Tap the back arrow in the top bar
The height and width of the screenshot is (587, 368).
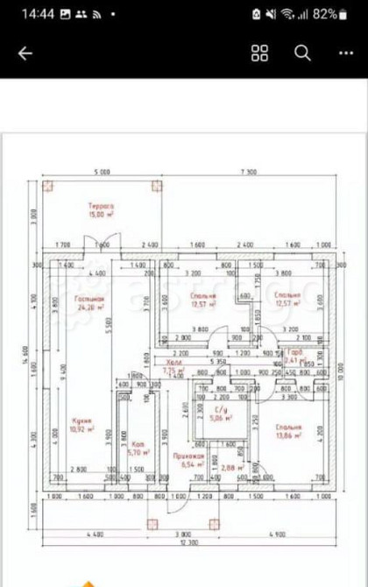(x=25, y=53)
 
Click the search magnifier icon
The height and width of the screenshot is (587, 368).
(x=302, y=53)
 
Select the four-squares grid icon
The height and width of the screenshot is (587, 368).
(x=259, y=53)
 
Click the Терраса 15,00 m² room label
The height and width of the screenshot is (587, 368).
(x=102, y=210)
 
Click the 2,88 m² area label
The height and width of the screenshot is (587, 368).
(x=232, y=470)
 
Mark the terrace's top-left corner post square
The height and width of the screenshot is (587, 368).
(x=49, y=185)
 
